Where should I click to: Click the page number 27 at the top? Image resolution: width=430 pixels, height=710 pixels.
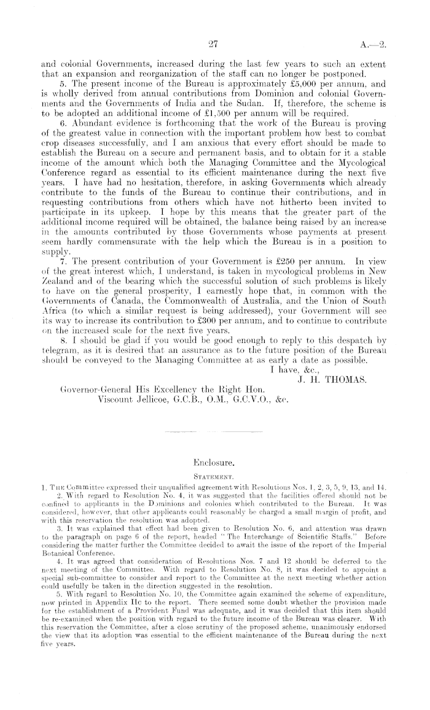tap(214, 44)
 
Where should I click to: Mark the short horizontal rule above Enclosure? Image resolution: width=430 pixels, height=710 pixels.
tap(214, 433)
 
